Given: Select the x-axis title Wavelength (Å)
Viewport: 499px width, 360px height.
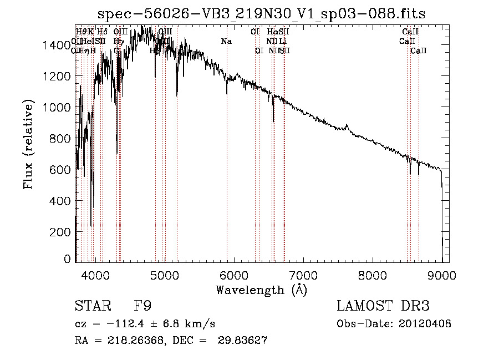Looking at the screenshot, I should tap(262, 290).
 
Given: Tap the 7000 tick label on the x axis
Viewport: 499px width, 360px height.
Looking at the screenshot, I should tap(303, 275).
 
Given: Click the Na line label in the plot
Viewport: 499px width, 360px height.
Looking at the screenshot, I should tap(226, 42).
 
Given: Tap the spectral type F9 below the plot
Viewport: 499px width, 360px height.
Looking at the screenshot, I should tap(143, 306).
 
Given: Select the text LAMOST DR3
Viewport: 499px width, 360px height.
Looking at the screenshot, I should tap(383, 306).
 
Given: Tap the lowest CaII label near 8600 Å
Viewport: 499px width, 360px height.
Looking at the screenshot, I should tap(419, 51).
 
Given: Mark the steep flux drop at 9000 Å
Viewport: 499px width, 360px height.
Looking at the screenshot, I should tap(442, 211).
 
